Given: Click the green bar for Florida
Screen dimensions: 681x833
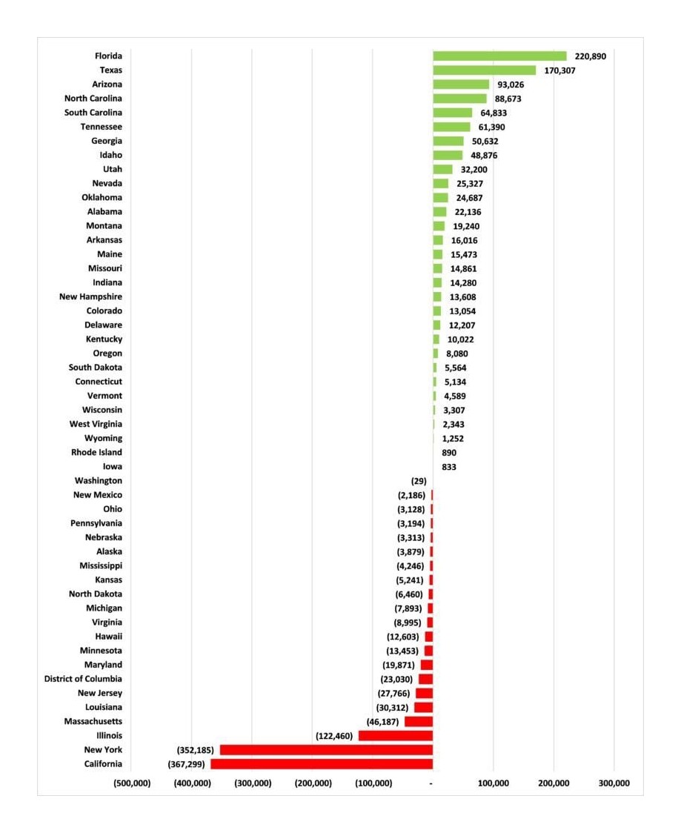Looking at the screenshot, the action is [500, 56].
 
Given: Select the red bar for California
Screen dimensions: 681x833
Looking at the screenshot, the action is [322, 764].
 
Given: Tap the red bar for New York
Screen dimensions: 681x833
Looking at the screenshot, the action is [326, 749].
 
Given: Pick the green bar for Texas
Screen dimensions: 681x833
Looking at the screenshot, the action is [485, 70].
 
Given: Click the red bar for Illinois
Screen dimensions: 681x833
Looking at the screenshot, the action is [396, 736].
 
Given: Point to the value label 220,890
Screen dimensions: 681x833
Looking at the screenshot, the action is [590, 56].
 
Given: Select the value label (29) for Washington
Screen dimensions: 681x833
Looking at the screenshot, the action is [419, 481].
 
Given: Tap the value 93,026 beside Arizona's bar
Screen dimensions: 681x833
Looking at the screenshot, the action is [511, 84].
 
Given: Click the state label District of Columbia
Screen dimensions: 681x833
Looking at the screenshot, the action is [83, 679].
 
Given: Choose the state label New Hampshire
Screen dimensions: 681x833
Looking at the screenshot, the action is [90, 296].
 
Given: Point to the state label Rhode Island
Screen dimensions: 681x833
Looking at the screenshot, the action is [96, 452].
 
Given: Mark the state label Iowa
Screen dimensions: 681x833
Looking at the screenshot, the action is [112, 466].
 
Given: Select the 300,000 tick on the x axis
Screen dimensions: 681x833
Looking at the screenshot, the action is [614, 783].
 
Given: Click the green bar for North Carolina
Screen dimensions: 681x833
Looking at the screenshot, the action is [459, 99].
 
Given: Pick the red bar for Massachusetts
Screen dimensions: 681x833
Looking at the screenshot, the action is [419, 721].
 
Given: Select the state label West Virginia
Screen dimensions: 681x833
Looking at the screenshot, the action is [96, 424].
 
